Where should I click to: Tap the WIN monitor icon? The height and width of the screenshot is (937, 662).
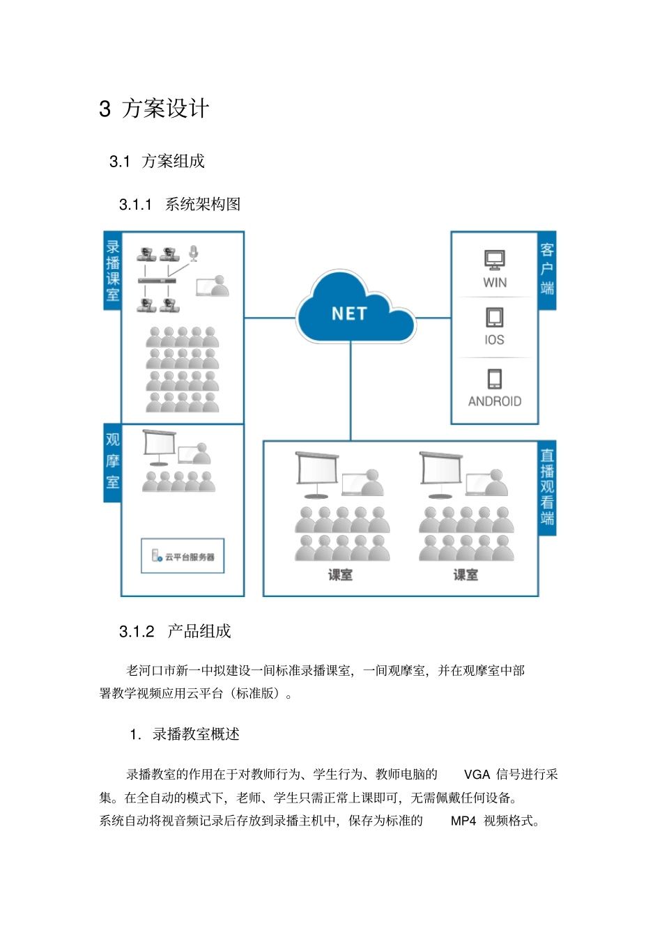[495, 260]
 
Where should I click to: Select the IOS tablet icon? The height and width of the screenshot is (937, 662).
[494, 318]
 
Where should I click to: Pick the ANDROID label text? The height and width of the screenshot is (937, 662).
[495, 401]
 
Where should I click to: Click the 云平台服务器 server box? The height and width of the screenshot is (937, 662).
[183, 556]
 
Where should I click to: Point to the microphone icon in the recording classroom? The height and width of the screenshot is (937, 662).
[194, 254]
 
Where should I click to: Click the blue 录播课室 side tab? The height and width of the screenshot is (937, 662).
[113, 270]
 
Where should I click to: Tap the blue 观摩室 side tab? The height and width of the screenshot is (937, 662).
[113, 461]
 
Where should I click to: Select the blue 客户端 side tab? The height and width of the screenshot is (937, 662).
[547, 270]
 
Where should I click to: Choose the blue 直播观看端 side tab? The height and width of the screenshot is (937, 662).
[547, 487]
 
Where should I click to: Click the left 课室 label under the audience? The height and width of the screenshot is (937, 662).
[340, 575]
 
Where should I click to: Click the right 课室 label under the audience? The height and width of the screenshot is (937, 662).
[465, 575]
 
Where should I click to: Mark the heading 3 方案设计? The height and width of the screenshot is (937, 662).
[154, 109]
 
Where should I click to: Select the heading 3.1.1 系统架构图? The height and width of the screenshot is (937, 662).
[180, 204]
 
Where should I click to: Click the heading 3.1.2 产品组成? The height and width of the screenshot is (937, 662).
[175, 631]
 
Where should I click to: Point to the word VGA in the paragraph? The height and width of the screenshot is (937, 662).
[477, 774]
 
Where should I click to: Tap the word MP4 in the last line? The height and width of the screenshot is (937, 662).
[463, 821]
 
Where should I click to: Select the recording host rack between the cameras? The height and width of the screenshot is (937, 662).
[157, 281]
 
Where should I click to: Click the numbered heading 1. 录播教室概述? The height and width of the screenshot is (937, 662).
[185, 734]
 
